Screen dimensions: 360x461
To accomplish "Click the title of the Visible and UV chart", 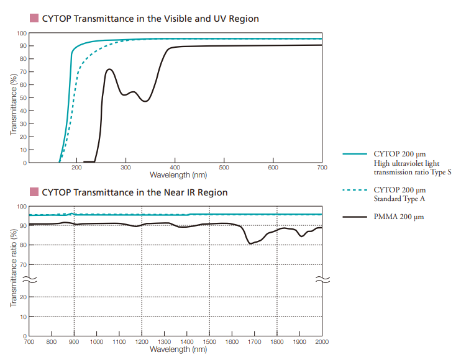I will tap(150, 19).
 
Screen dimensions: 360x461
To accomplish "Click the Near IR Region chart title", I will tap(134, 192).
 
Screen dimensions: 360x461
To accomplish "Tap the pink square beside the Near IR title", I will tap(34, 192).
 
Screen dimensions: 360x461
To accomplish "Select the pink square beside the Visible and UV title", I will tap(34, 19).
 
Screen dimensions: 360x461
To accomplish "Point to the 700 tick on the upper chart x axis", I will tap(322, 168).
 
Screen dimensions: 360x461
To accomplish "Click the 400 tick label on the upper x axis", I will tap(175, 168).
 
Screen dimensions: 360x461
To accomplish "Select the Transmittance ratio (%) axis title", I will tap(12, 268).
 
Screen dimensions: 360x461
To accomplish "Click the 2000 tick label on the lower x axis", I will tap(322, 342).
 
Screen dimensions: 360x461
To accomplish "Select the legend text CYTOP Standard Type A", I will tap(399, 194).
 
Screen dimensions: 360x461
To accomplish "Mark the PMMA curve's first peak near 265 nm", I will tap(109, 70).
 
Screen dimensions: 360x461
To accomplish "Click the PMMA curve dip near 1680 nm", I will tap(250, 243).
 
